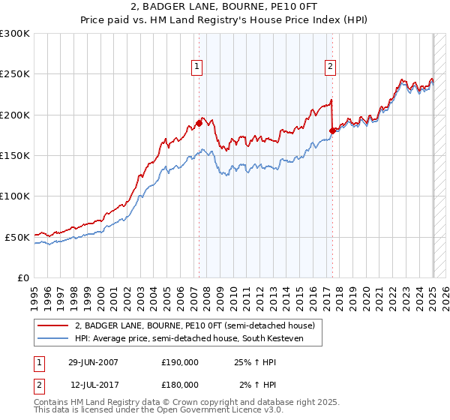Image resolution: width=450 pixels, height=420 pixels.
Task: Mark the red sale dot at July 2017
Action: click(x=332, y=130)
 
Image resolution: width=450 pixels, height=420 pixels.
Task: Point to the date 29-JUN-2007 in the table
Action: click(x=93, y=362)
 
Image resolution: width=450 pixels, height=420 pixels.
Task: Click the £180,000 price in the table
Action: click(x=180, y=384)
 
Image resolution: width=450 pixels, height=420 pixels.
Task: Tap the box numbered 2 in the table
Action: click(x=38, y=384)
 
